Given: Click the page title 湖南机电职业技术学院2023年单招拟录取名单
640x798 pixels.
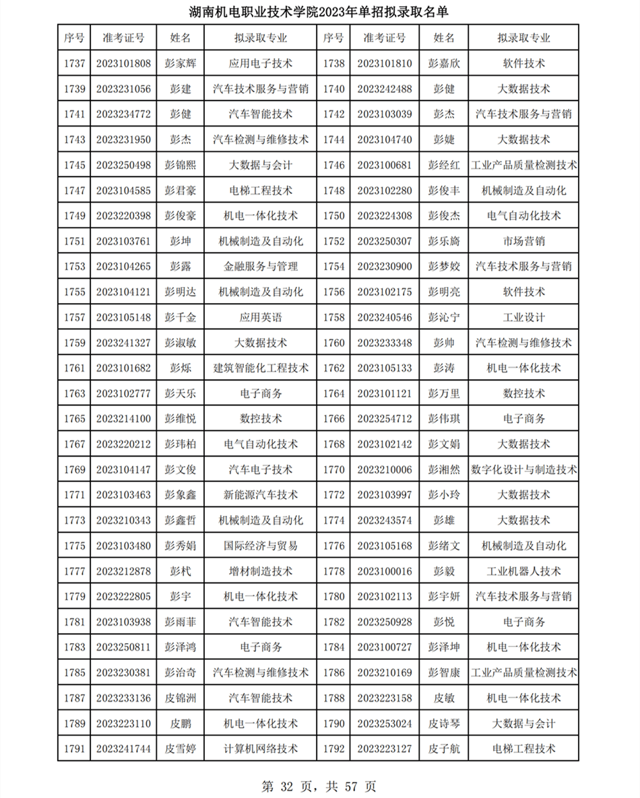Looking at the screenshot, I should [x=319, y=11].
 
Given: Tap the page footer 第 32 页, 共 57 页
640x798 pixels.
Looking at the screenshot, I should [x=319, y=786].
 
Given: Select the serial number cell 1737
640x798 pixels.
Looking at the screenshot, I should [x=75, y=63].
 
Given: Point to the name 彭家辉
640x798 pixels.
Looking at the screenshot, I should [x=181, y=63].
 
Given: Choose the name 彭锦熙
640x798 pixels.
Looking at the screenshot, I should [x=181, y=165].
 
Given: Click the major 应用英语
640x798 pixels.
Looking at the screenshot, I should [x=261, y=317].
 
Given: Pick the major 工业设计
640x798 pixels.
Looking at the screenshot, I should [x=523, y=317].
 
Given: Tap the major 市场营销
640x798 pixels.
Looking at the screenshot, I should [x=523, y=241].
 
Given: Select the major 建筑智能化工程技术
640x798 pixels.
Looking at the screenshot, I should [x=261, y=368].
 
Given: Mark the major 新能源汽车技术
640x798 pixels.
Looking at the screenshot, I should [x=261, y=495].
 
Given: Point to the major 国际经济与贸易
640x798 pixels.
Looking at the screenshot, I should [x=261, y=545].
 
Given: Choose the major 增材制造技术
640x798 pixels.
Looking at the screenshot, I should [x=261, y=571].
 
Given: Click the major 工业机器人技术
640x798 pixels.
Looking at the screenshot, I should [x=523, y=571].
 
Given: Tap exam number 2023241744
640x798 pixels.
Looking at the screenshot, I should [x=123, y=748].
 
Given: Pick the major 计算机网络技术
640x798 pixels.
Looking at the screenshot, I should [x=261, y=748].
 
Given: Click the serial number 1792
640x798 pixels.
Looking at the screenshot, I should [x=334, y=748].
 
